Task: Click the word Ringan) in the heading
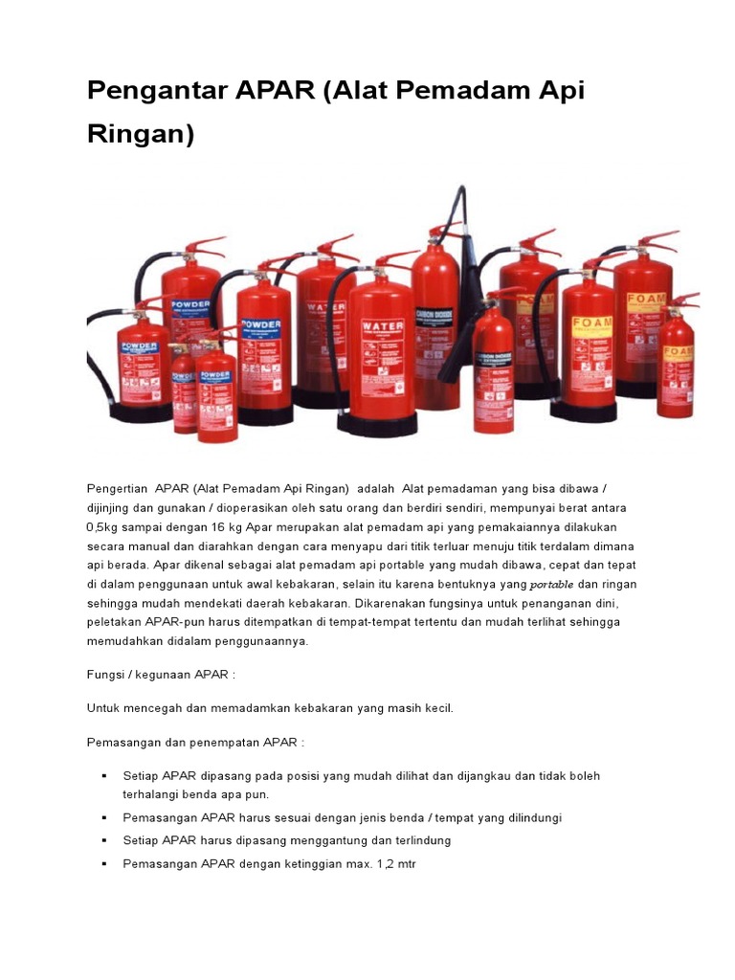[140, 135]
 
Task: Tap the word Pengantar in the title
[154, 92]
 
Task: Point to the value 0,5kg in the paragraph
[104, 526]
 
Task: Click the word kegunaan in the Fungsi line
[165, 674]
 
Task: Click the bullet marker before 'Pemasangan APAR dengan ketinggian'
[102, 863]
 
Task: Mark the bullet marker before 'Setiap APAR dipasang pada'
[102, 775]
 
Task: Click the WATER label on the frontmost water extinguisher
[382, 326]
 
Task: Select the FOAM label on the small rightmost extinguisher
[677, 351]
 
